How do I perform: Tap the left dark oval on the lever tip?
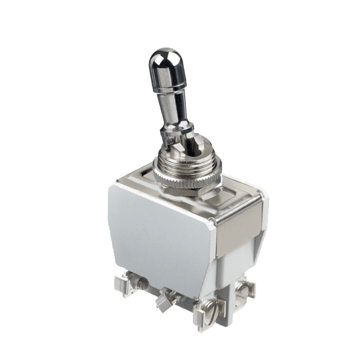pos(157,57)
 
